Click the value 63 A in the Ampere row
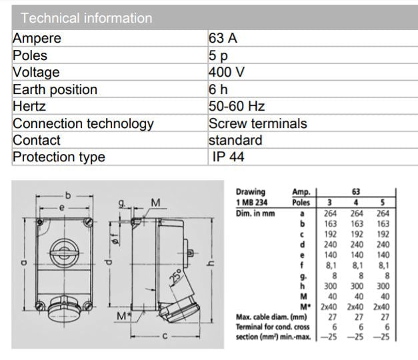point(223,39)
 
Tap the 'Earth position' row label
point(55,89)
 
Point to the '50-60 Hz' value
point(237,107)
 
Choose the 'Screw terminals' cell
point(257,123)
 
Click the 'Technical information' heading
point(87,18)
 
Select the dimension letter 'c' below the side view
point(164,337)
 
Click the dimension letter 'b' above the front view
point(67,195)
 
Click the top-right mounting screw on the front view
point(87,221)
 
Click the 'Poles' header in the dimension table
point(301,203)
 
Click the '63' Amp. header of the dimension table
point(356,191)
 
